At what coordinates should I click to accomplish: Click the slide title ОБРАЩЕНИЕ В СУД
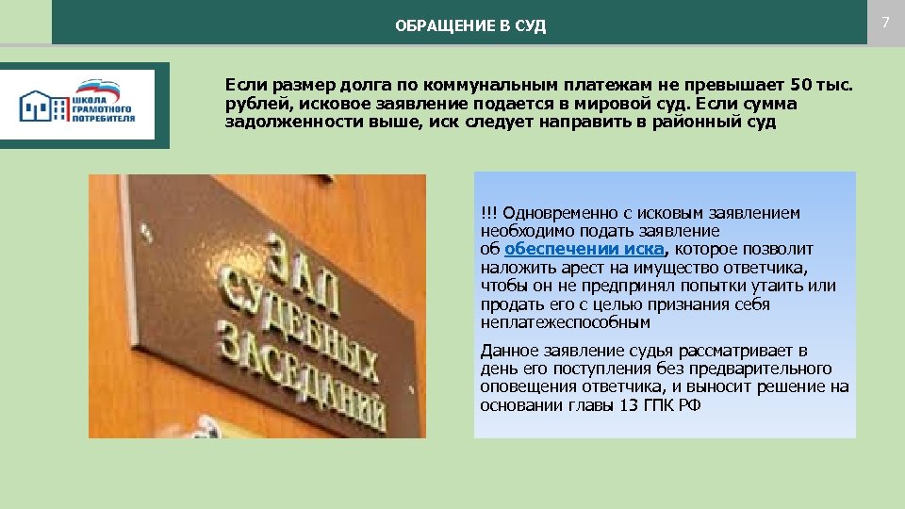[x=470, y=25]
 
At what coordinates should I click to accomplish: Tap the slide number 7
[x=885, y=21]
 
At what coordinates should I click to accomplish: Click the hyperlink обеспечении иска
[x=584, y=249]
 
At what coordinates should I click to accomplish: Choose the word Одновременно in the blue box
[x=552, y=213]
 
